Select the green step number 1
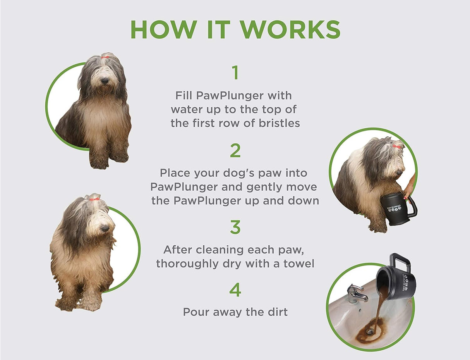(235, 73)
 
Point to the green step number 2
(235, 151)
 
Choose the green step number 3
(235, 227)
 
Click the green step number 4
(235, 290)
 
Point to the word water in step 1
(186, 109)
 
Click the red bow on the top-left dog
(105, 57)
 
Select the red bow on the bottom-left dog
(94, 199)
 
